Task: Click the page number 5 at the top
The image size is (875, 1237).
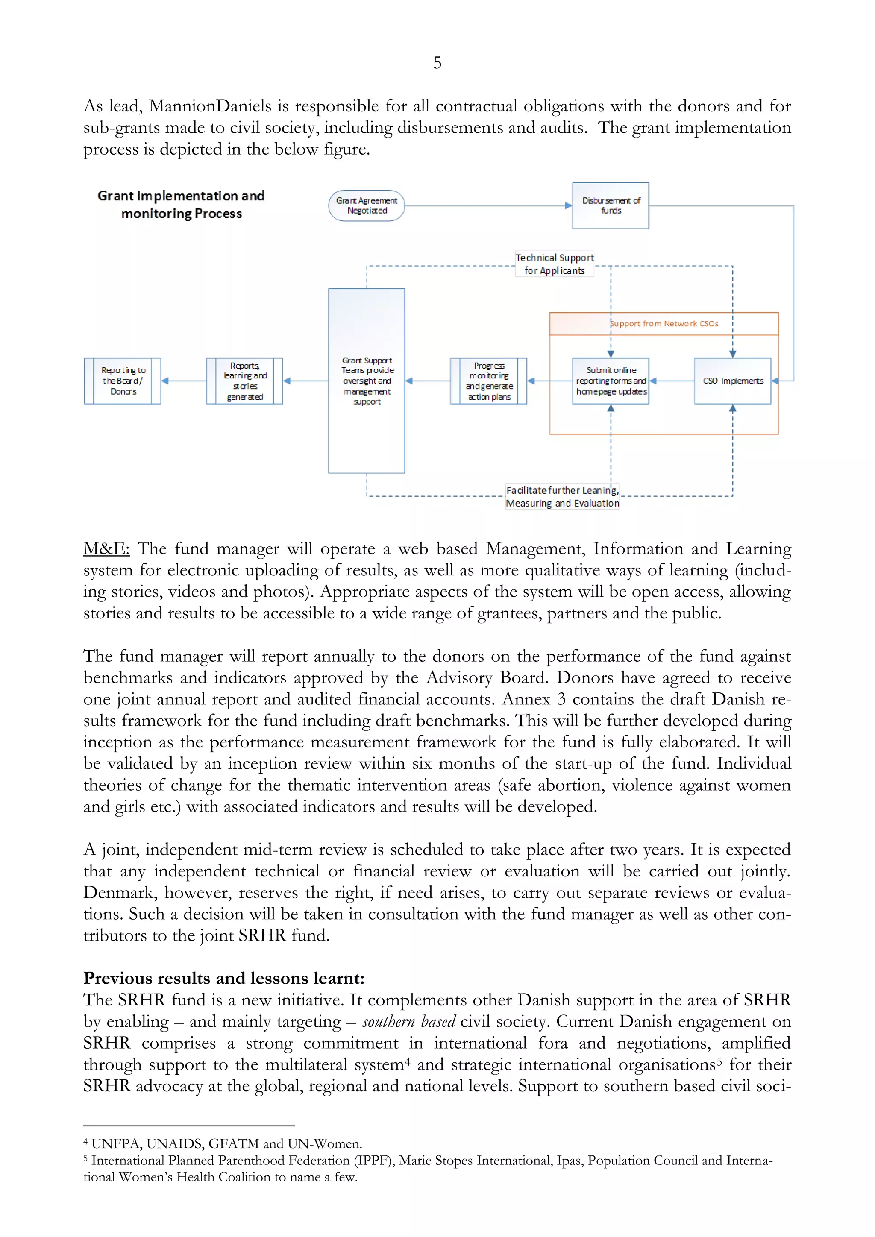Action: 437,63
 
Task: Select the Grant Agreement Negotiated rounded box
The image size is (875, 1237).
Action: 367,205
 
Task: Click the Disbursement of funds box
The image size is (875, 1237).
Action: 611,205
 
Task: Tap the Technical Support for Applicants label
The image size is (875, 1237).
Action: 555,264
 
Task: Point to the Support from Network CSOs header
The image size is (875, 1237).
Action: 664,324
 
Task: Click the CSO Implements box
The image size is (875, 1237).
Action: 733,381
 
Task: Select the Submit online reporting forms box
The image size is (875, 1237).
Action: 611,381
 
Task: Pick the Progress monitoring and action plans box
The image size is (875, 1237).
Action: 489,381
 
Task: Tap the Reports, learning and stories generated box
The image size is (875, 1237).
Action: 245,381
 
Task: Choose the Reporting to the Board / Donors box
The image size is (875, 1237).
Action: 123,381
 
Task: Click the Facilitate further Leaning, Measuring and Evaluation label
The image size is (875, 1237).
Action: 562,496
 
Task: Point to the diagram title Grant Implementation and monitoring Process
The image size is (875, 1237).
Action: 181,204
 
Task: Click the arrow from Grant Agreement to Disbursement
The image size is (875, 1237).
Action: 487,205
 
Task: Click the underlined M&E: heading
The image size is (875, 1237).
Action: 106,548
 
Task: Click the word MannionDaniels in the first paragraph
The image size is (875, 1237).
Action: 210,106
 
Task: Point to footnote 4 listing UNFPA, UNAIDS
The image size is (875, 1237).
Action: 223,1143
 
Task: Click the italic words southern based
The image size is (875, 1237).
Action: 408,1021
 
